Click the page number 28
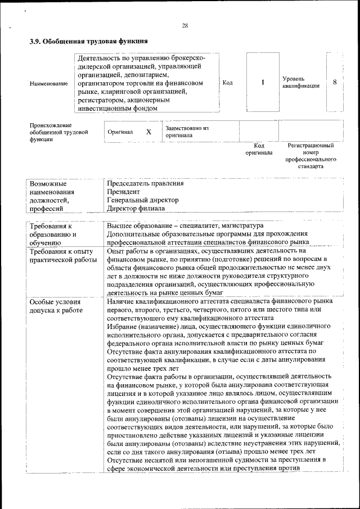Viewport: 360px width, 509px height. click(x=184, y=25)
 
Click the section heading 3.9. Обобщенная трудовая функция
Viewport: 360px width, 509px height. click(x=88, y=41)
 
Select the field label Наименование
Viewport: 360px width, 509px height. click(x=49, y=83)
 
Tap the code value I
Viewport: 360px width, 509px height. click(x=263, y=83)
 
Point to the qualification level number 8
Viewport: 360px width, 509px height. click(x=335, y=82)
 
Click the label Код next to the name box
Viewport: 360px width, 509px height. click(x=228, y=83)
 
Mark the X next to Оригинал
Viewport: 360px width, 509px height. click(x=148, y=132)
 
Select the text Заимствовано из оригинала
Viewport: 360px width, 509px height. click(x=187, y=132)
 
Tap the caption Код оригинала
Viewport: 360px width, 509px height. click(x=259, y=149)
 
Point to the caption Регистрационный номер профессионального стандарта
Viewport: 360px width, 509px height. click(x=310, y=156)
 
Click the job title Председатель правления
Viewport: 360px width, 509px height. click(x=145, y=183)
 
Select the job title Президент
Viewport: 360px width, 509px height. click(x=123, y=191)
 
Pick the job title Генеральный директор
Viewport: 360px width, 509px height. click(x=143, y=200)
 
